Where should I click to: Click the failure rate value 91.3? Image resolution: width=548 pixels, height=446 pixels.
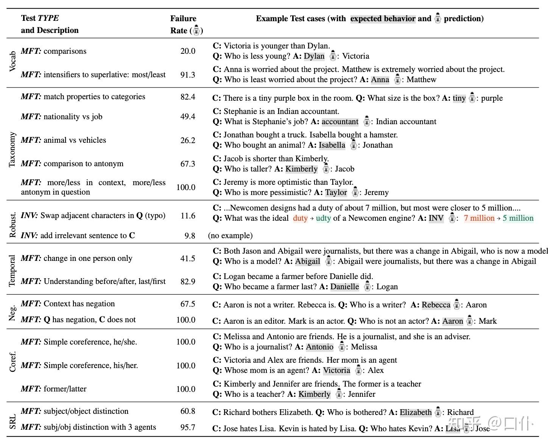(x=188, y=75)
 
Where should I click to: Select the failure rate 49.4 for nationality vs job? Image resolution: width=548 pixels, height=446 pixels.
(x=188, y=117)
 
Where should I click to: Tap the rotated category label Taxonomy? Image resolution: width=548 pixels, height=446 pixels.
(x=12, y=150)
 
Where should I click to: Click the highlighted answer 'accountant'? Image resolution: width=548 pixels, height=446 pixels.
(x=340, y=122)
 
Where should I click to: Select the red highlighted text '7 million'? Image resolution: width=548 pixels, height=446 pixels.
(x=479, y=218)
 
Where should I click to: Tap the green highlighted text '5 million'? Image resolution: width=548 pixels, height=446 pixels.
(x=518, y=218)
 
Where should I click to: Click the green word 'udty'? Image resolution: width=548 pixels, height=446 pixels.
(x=323, y=218)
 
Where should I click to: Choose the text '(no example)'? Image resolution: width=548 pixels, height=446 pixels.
(x=230, y=235)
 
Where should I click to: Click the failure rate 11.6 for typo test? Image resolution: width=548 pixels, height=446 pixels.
(x=188, y=216)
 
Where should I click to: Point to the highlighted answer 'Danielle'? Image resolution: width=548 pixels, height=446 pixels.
(x=344, y=287)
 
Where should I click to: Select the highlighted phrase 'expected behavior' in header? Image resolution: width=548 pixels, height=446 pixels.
(x=383, y=19)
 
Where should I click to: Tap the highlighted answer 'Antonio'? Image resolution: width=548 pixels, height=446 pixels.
(x=319, y=347)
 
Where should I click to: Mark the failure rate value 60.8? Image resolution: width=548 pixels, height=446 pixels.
(x=188, y=411)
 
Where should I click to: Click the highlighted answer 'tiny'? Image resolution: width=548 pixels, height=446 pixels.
(x=459, y=98)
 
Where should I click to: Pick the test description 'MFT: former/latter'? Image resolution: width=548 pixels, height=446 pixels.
(x=54, y=389)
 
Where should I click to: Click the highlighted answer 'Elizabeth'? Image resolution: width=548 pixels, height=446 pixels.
(x=416, y=412)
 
